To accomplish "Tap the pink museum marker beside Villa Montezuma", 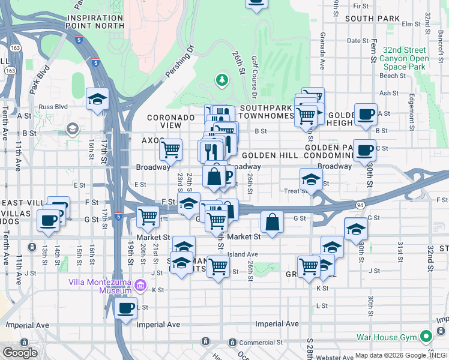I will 142,285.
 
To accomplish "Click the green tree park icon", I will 222,79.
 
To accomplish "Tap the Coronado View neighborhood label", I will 172,121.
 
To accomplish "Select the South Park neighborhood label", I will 372,19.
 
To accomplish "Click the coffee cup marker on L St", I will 125,308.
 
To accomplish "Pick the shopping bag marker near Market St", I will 273,221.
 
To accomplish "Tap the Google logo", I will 20,352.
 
